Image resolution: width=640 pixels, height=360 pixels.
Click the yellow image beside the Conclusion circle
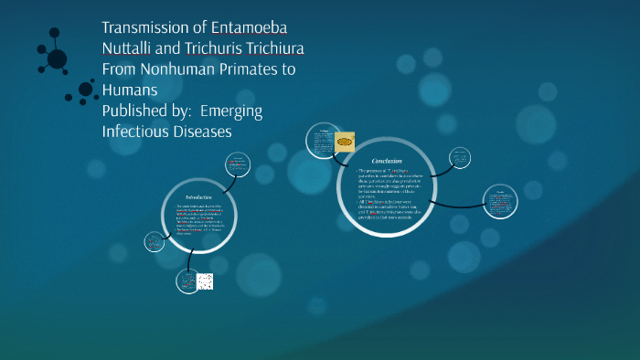346,142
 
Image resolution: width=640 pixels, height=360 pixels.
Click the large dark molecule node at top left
57,58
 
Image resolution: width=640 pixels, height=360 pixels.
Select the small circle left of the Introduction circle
154,242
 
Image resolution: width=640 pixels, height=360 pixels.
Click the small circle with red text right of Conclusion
498,204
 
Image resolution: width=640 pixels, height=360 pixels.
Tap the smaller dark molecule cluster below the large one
86,90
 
